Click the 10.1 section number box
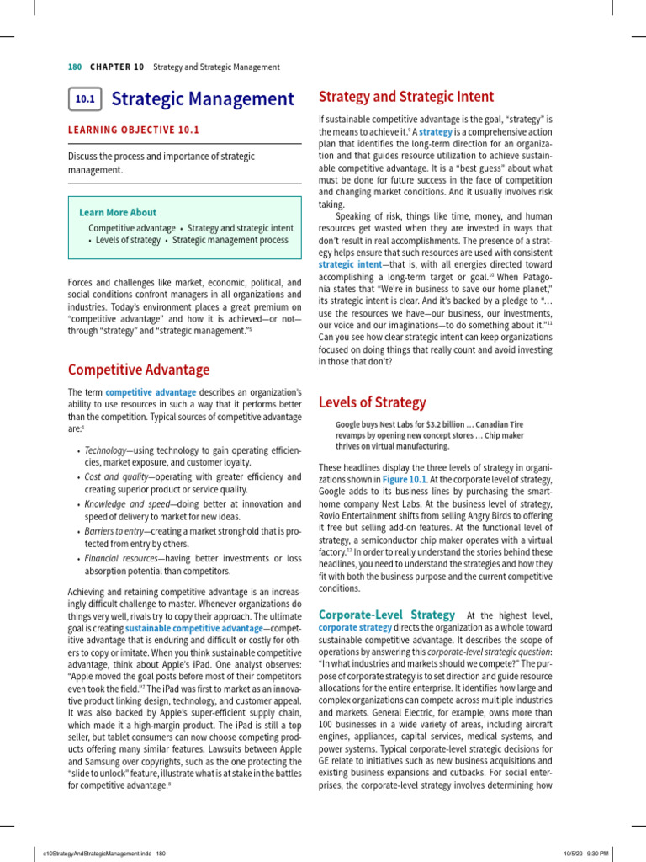[x=85, y=99]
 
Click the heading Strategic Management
[x=203, y=99]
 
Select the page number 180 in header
[x=74, y=67]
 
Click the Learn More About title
[x=118, y=213]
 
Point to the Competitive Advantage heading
[x=139, y=370]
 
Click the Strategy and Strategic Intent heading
[x=406, y=97]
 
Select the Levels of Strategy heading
[x=372, y=402]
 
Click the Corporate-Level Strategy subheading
[x=387, y=615]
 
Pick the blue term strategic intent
[x=349, y=263]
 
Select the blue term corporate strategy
[x=355, y=628]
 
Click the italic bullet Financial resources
[x=119, y=557]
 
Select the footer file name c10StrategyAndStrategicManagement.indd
[x=98, y=853]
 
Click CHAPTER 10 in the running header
[x=117, y=67]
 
